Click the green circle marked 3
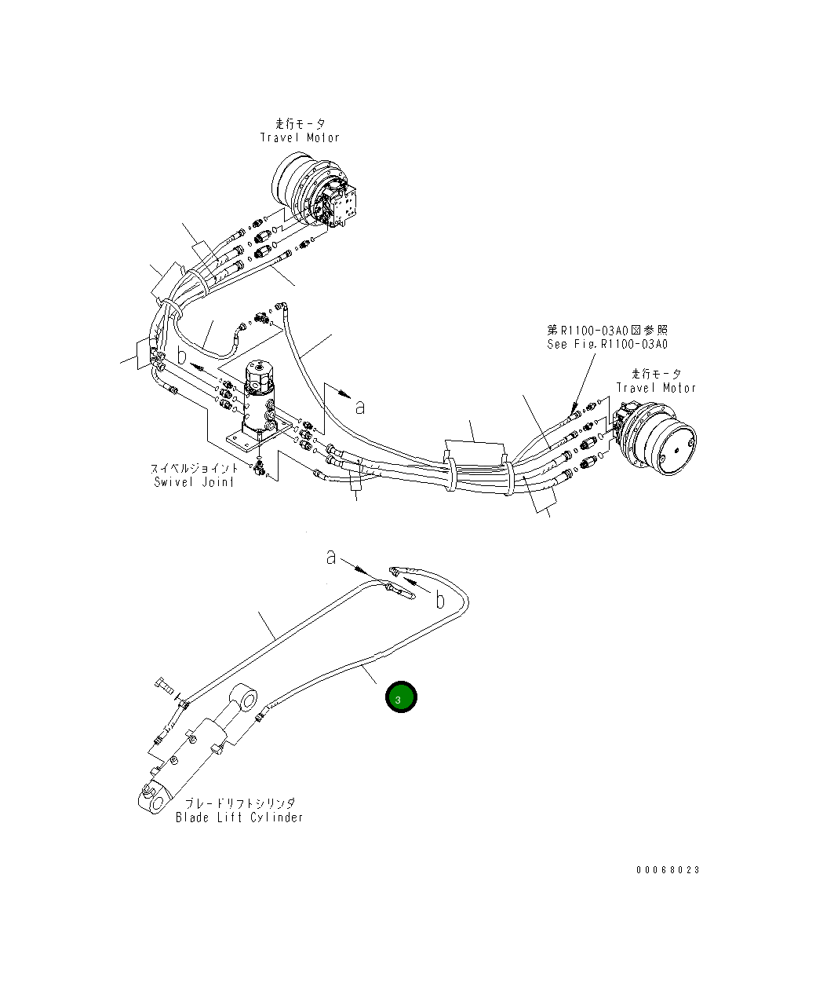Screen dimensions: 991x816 click(x=400, y=697)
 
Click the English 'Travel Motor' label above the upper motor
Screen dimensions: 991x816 click(x=300, y=137)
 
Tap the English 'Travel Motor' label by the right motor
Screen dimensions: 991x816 click(x=655, y=388)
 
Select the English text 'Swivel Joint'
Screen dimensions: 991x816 click(x=194, y=482)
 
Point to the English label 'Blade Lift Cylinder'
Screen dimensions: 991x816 click(x=239, y=817)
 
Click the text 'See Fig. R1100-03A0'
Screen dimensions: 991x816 click(x=607, y=344)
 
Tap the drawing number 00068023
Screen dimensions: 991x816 click(x=667, y=870)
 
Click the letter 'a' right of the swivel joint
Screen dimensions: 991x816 click(x=360, y=407)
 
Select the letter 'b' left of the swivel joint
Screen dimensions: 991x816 click(x=181, y=355)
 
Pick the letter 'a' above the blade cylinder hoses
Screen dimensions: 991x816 click(x=332, y=557)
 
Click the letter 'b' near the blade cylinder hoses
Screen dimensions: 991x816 click(x=440, y=601)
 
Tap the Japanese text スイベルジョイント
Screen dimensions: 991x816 click(x=194, y=469)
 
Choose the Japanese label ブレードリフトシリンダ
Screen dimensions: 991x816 click(x=240, y=803)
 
